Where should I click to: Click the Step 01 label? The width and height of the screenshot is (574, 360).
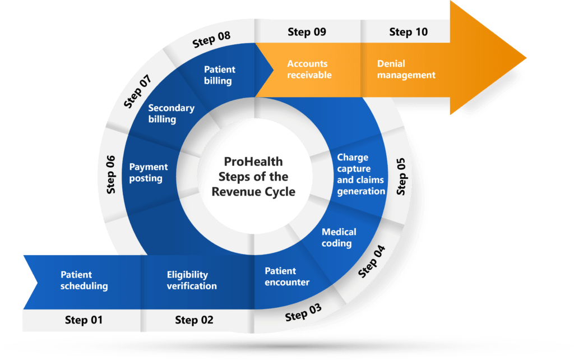pos(84,320)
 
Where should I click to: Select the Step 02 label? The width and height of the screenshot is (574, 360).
pos(194,320)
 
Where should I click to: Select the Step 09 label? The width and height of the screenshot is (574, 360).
pos(307,32)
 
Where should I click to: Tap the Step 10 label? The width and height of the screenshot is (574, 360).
pos(408,32)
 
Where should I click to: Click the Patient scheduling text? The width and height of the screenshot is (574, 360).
pos(84,280)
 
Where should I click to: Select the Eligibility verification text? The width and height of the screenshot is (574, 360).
pos(192,280)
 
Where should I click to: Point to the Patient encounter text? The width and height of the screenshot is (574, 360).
pos(287,276)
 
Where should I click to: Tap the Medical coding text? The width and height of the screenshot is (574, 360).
pos(339,238)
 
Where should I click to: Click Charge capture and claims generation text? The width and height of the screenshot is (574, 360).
pos(361,174)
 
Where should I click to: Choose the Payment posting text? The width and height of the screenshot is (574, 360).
pos(148,173)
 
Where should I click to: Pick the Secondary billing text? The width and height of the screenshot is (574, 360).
pos(171,113)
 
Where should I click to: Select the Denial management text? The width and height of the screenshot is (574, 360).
pos(406,70)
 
